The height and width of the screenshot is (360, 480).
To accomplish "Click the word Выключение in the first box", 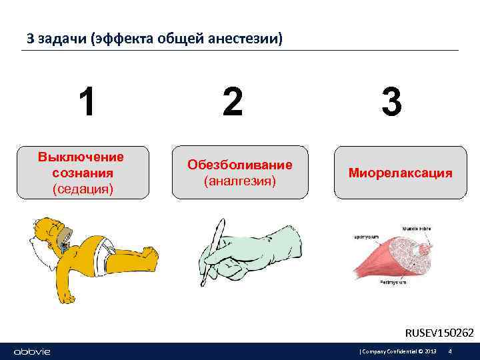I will [81, 157].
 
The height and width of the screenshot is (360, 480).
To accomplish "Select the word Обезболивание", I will [240, 165].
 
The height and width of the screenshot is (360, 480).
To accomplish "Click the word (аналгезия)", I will [240, 181].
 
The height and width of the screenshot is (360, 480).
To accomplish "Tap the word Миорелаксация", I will [400, 173].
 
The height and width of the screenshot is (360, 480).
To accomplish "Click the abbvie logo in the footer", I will [32, 351].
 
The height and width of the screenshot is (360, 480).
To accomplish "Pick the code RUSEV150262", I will [439, 332].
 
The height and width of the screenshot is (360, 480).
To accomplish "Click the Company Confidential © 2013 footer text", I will [399, 351].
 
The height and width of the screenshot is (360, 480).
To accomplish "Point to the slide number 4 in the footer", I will [451, 351].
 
